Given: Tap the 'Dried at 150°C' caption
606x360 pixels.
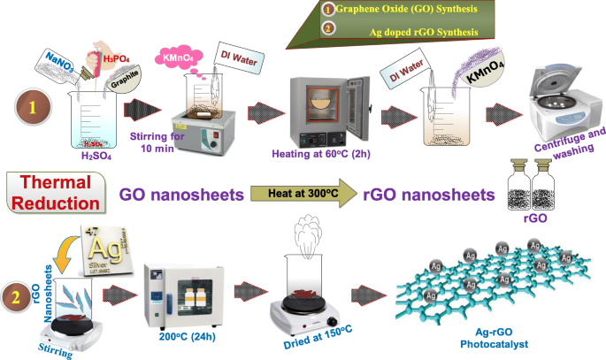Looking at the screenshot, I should tap(303, 347).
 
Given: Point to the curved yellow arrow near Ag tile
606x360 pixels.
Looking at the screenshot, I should tap(65, 257).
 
